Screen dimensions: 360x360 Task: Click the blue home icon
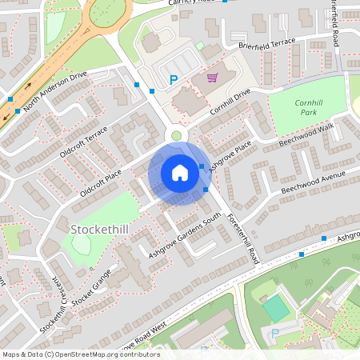tap(179, 172)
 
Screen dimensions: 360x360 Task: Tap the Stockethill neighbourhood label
tap(100, 230)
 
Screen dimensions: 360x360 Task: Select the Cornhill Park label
tap(307, 108)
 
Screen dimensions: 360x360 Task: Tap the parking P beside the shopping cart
tap(174, 79)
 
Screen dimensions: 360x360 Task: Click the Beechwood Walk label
tap(305, 134)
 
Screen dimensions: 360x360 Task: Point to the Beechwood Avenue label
tap(318, 182)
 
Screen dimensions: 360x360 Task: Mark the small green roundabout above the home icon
tap(176, 135)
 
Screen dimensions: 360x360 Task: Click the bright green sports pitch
tap(276, 308)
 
